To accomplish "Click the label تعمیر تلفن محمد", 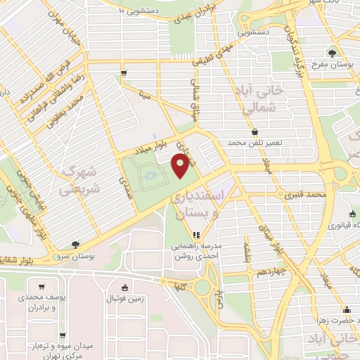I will point(254,143).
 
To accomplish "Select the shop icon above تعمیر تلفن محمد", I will point(254,132).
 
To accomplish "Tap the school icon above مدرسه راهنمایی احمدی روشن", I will point(196,235).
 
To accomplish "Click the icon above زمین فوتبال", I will point(125,287).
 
